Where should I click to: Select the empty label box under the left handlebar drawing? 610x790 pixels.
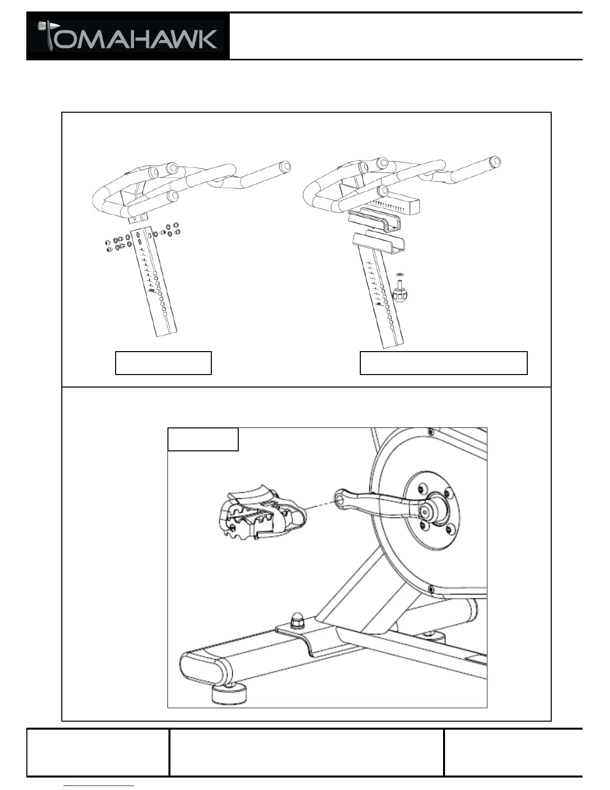(163, 363)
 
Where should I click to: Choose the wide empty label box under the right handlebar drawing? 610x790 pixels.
(443, 363)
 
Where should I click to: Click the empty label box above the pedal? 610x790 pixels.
(203, 439)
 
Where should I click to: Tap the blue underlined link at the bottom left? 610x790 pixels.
(99, 786)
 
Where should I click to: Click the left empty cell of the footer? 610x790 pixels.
(98, 753)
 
